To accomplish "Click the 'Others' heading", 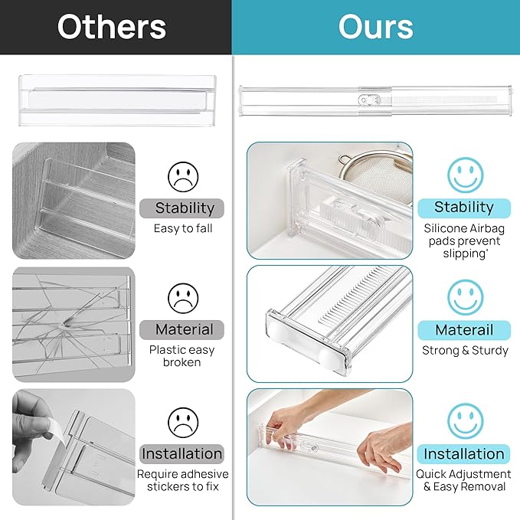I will click(x=112, y=27).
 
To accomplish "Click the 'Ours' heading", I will click(x=376, y=27).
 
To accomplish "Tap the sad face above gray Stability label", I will click(x=183, y=177).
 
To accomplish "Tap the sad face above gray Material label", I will click(x=183, y=299).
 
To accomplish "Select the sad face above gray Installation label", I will click(x=183, y=422).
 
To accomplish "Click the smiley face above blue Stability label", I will click(x=465, y=175).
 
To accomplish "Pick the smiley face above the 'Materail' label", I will click(x=465, y=299).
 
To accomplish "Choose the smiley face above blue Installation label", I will click(x=465, y=422).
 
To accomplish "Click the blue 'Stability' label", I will click(x=464, y=208).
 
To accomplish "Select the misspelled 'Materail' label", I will click(x=464, y=330).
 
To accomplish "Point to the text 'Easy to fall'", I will click(x=183, y=228).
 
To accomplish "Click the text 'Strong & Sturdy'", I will click(x=465, y=351).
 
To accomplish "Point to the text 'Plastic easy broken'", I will click(x=182, y=356).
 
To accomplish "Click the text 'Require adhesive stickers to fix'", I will click(x=183, y=480).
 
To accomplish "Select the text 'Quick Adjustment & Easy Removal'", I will click(x=464, y=480).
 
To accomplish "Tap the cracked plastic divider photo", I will click(x=74, y=321).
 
